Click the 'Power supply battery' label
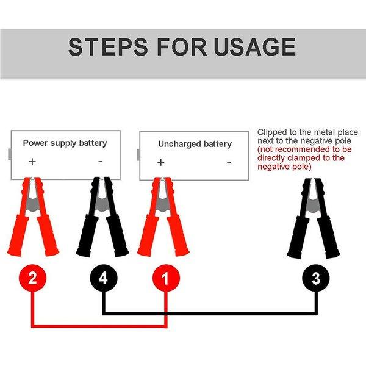pyautogui.click(x=65, y=143)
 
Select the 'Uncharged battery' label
pyautogui.click(x=195, y=144)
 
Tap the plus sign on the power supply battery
pyautogui.click(x=32, y=162)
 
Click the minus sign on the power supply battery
pyautogui.click(x=101, y=162)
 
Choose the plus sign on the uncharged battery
pyautogui.click(x=160, y=162)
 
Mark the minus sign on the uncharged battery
pyautogui.click(x=229, y=162)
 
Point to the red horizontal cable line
pyautogui.click(x=98, y=326)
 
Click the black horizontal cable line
pyautogui.click(x=207, y=314)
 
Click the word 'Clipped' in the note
pyautogui.click(x=271, y=132)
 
